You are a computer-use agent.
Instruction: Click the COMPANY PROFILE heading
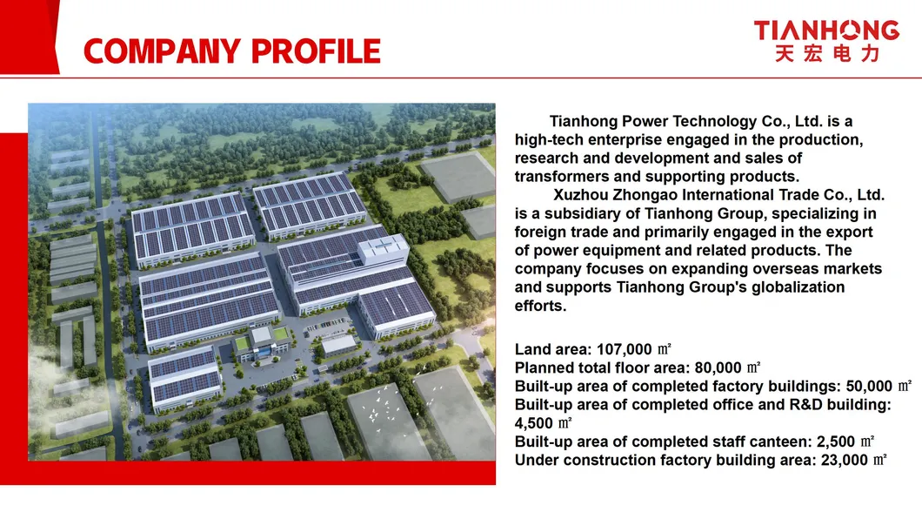(232, 51)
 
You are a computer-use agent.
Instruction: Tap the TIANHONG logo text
(825, 30)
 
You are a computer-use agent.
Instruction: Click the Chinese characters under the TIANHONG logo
(825, 54)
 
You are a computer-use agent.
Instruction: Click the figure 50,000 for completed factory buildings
(869, 387)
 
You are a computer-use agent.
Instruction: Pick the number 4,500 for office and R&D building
(535, 423)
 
